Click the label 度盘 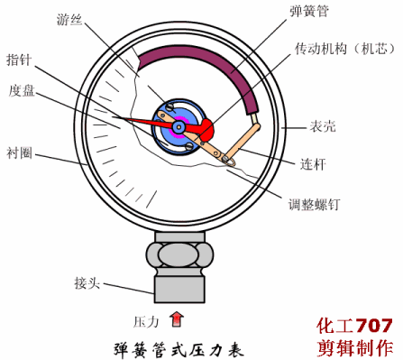tap(22, 90)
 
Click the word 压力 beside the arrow tap(146, 320)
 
